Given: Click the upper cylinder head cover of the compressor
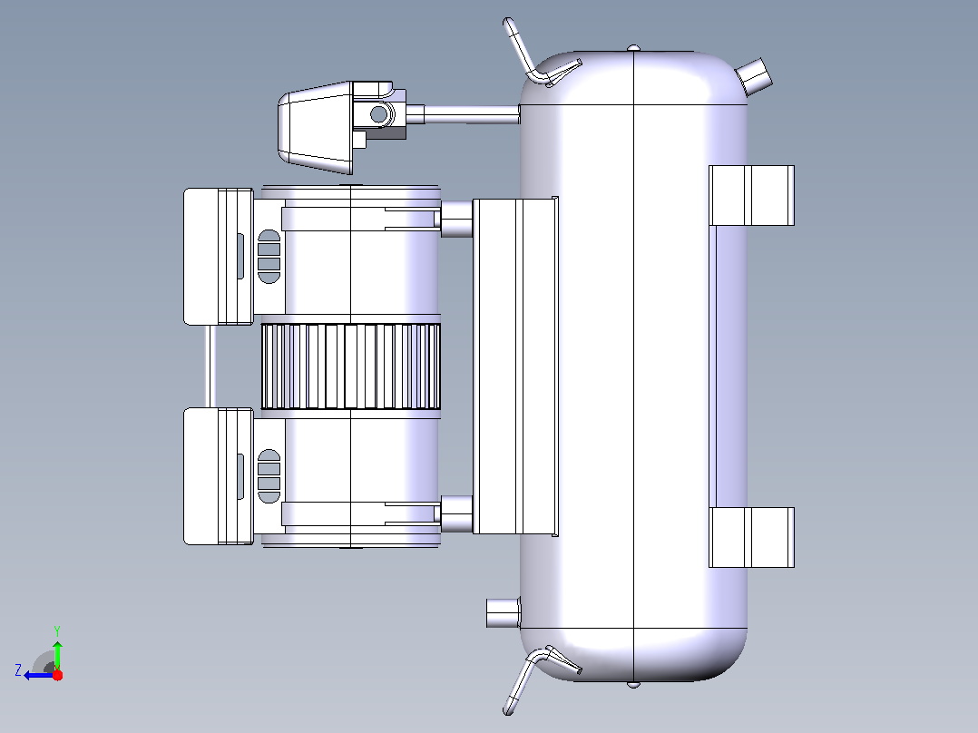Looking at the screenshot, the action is coord(219,257).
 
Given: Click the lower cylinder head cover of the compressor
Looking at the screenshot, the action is coord(219,476).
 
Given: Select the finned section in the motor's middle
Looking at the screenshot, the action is coord(350,366).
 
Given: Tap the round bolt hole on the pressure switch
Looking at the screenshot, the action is coord(378,114).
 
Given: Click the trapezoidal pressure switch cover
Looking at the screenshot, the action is coord(315,127).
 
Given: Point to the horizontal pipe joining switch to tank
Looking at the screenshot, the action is coord(472,115).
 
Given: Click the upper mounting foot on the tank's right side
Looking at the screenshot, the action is coord(751,195).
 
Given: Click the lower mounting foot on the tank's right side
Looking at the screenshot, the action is coord(751,537).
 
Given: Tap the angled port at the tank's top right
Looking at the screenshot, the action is coord(755,75).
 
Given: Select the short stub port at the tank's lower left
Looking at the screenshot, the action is coord(503,612).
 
